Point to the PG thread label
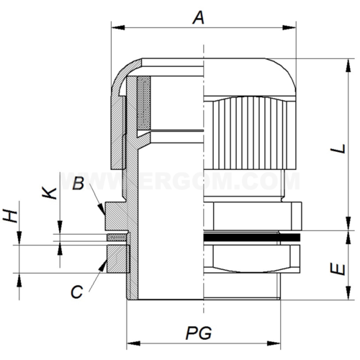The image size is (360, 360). (202, 333)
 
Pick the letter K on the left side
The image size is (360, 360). (48, 192)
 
